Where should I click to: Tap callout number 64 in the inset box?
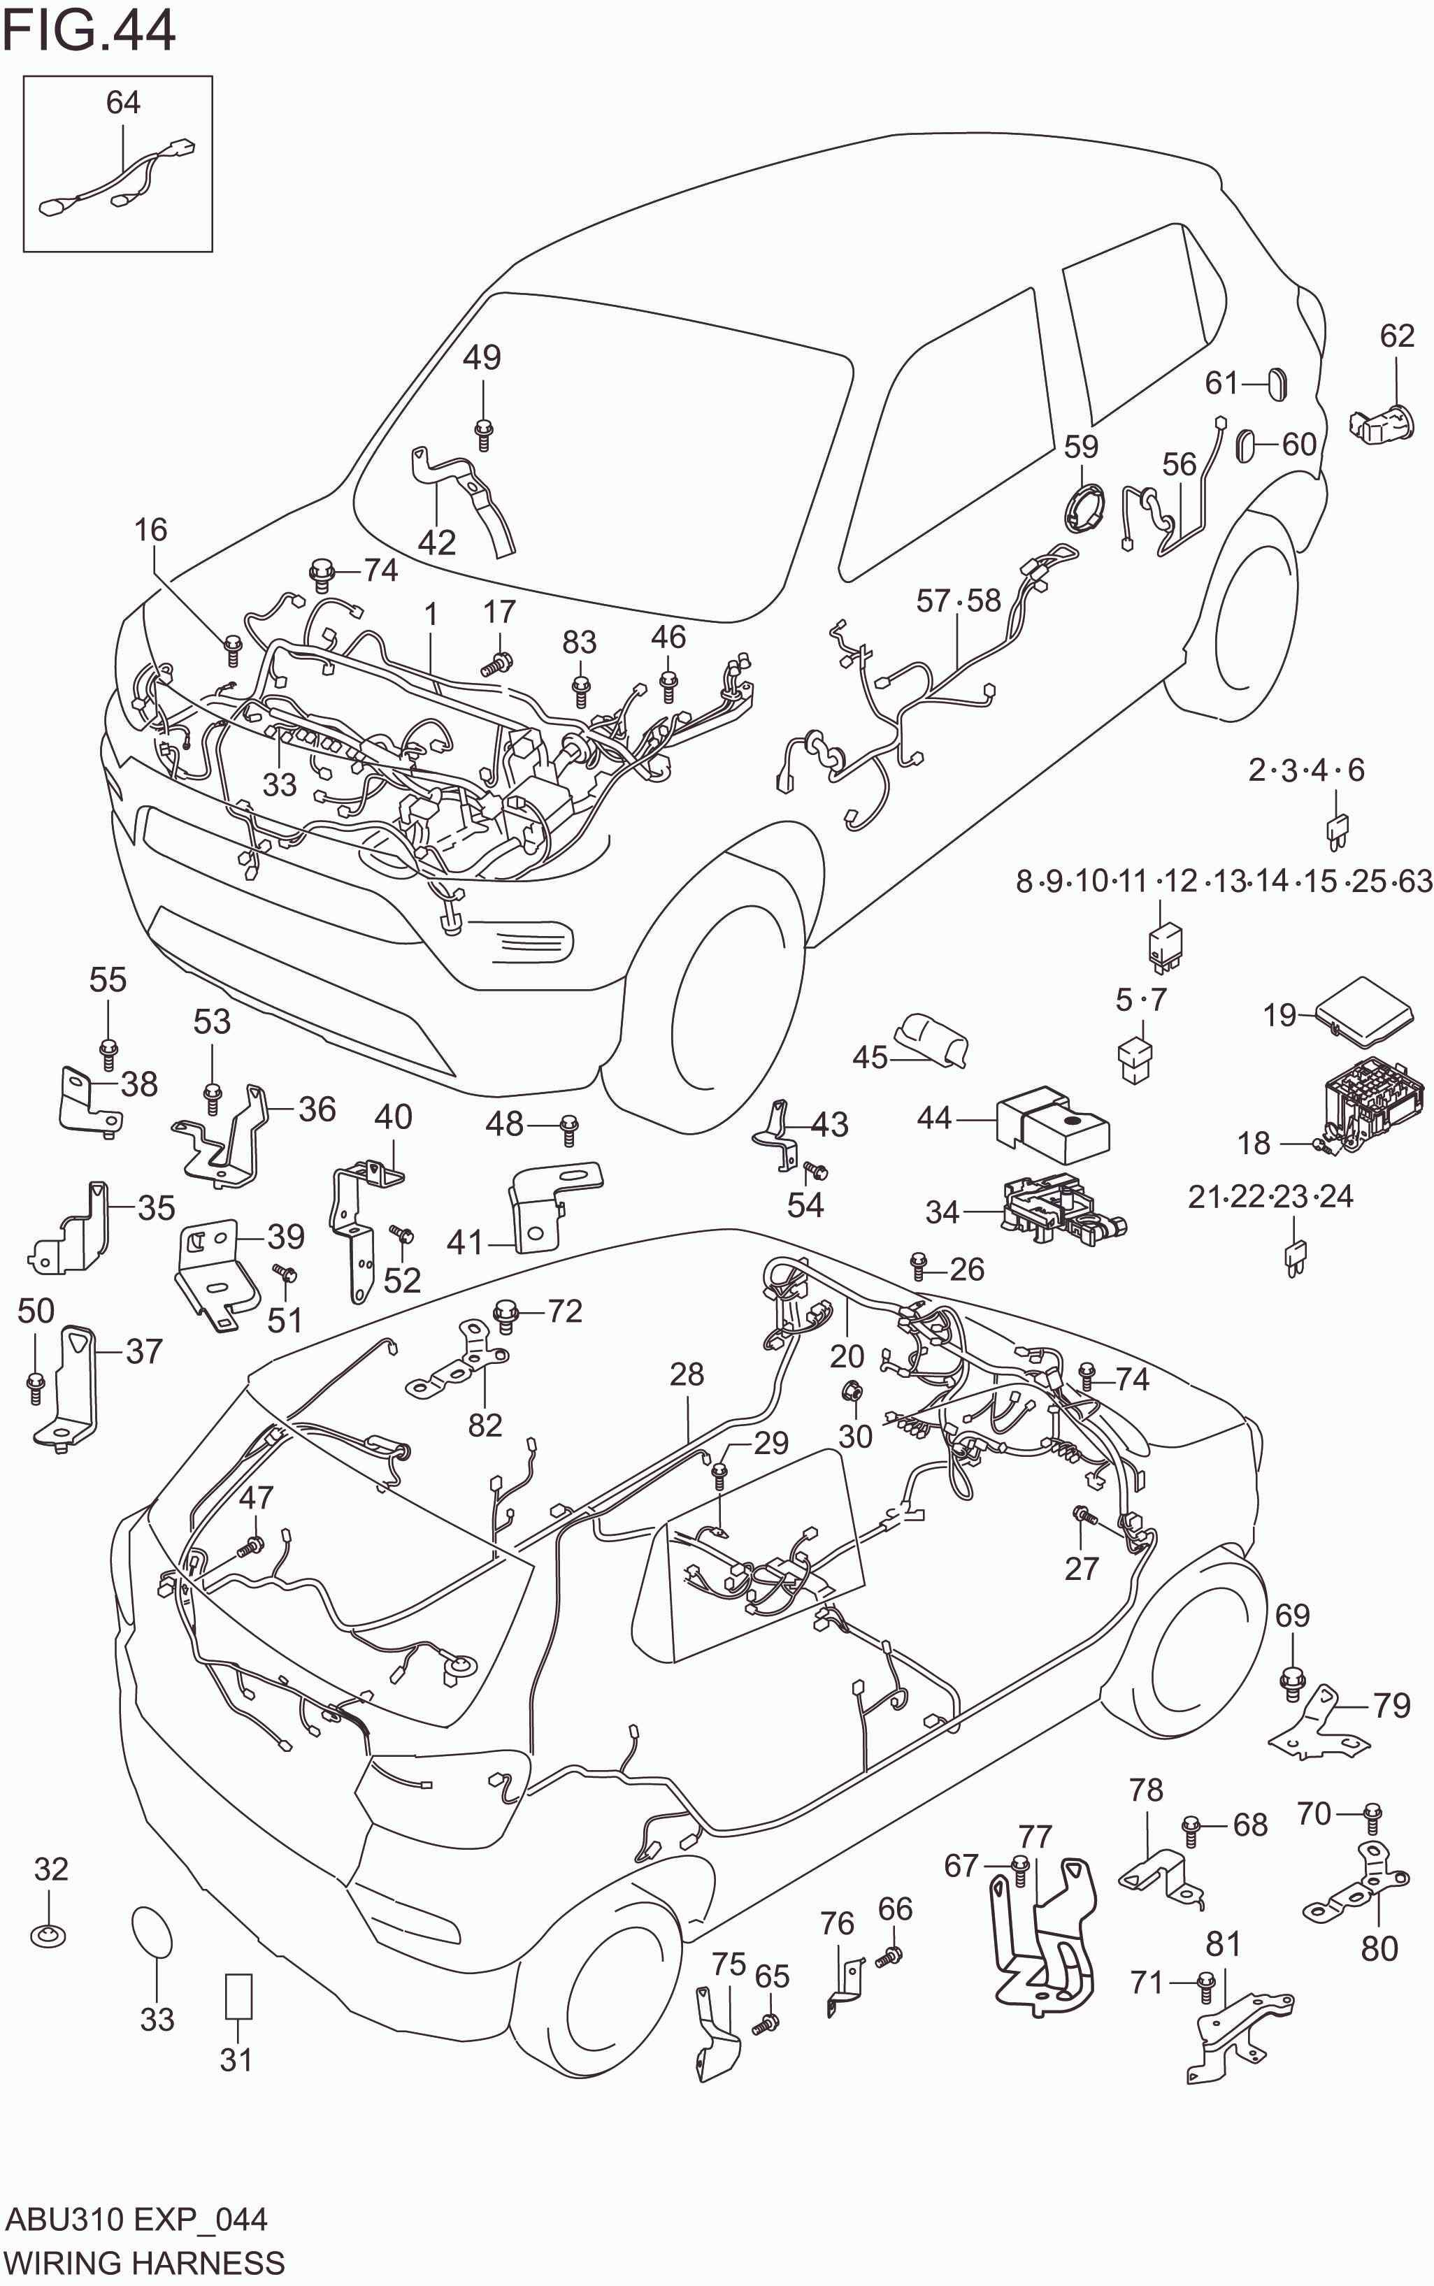pyautogui.click(x=123, y=102)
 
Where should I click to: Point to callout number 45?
pyautogui.click(x=870, y=1057)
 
